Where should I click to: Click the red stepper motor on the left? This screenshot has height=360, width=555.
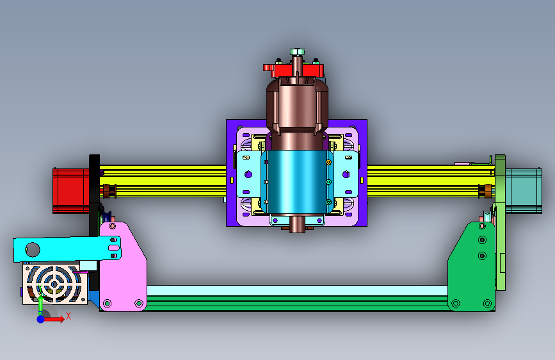point(71,191)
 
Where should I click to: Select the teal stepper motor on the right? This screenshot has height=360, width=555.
point(524,191)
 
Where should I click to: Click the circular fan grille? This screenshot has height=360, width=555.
point(54,284)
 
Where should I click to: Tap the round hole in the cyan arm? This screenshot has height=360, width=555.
point(33,249)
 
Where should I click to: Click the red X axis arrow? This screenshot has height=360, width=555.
point(54,319)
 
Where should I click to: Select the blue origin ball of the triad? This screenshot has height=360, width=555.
point(41,319)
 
